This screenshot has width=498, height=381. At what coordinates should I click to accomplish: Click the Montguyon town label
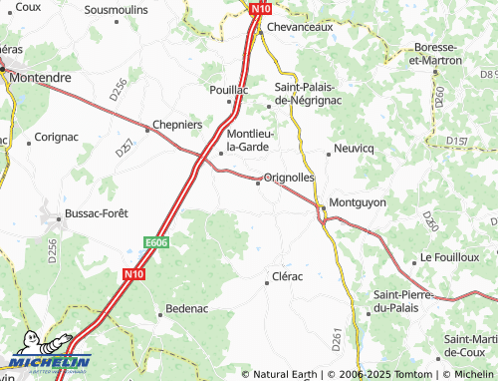tap(358, 202)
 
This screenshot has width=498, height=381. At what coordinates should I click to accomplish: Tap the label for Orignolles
tap(290, 177)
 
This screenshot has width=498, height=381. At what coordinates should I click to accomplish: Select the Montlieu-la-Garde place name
tap(255, 141)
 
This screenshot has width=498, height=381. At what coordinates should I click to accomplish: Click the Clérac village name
tap(287, 276)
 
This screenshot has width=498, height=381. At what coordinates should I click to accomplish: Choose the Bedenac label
tap(190, 310)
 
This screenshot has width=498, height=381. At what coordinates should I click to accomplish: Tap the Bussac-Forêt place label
tap(97, 213)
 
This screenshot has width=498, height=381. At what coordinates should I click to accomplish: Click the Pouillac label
tap(228, 89)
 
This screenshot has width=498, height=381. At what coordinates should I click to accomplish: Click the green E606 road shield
tap(154, 241)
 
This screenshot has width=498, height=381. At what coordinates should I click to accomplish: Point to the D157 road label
tap(457, 141)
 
